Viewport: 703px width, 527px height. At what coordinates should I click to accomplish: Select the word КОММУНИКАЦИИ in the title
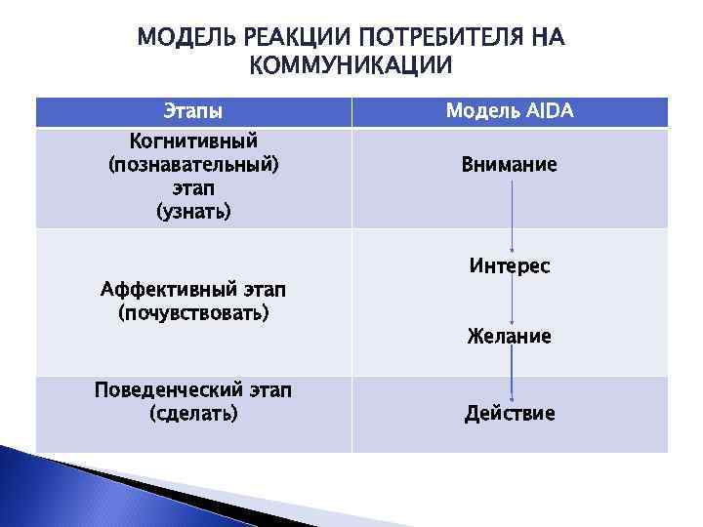pyautogui.click(x=351, y=66)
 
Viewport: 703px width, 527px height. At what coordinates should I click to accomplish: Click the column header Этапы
pyautogui.click(x=192, y=111)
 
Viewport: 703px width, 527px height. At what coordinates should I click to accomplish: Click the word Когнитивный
pyautogui.click(x=193, y=142)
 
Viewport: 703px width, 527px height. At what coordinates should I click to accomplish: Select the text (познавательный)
pyautogui.click(x=193, y=164)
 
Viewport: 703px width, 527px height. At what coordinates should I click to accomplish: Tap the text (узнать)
pyautogui.click(x=193, y=211)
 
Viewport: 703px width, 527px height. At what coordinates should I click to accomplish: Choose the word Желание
pyautogui.click(x=510, y=337)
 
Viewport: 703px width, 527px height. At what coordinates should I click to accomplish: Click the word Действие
pyautogui.click(x=510, y=414)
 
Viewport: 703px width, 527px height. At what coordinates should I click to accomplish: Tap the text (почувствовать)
pyautogui.click(x=193, y=313)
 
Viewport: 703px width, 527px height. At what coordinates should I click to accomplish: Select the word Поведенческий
pyautogui.click(x=161, y=390)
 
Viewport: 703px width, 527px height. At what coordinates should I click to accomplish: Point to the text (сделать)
pyautogui.click(x=193, y=414)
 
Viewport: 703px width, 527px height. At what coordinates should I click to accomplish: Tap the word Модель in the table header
pyautogui.click(x=479, y=111)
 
